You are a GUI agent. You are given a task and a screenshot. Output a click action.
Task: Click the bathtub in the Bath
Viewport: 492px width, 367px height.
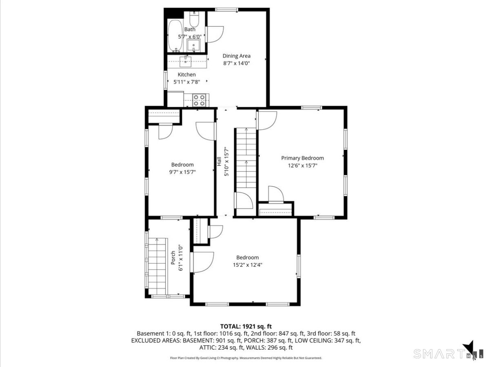(176, 35)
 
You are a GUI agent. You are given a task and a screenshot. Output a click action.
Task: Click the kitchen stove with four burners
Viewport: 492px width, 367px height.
(199, 100)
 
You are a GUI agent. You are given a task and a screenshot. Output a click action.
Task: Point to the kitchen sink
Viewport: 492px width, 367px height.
(186, 62)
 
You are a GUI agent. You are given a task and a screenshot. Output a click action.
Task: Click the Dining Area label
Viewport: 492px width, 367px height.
(236, 56)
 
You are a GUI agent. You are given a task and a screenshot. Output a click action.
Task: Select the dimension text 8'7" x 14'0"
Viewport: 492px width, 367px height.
(236, 63)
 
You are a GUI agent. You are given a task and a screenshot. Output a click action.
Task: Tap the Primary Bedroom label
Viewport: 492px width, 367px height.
(302, 158)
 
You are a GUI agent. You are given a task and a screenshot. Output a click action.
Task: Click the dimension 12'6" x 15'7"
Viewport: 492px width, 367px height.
(302, 166)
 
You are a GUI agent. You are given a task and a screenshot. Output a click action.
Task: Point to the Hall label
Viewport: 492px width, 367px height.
(219, 161)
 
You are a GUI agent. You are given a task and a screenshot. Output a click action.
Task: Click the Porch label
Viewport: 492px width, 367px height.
(173, 258)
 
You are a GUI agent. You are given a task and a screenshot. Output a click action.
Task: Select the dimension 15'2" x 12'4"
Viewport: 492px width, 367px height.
(247, 265)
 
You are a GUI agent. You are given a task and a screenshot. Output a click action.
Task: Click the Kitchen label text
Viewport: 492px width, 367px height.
(186, 75)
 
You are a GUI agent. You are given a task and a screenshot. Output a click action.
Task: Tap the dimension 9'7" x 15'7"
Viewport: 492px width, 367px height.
(182, 172)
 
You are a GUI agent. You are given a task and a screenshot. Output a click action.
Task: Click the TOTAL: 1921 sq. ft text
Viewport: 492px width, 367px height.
(246, 326)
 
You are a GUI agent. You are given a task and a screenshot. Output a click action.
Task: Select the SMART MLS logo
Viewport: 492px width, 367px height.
(449, 352)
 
